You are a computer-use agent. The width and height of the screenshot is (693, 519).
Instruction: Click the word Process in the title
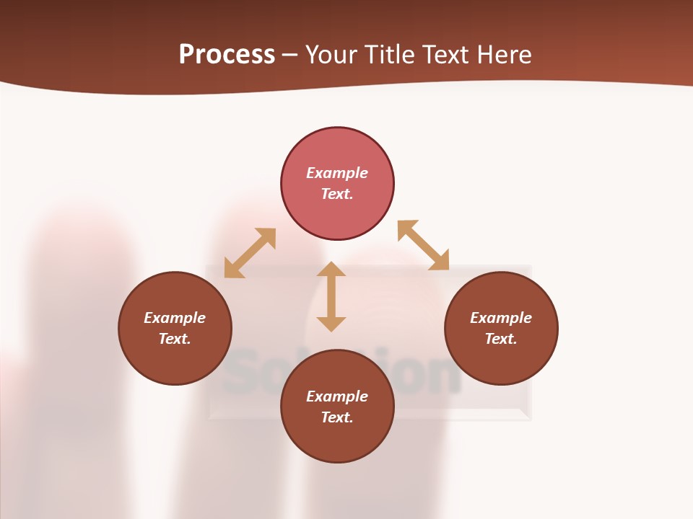227,55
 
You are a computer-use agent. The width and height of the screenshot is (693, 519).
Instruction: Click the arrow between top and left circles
250,253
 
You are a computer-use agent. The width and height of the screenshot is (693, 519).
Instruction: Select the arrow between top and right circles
423,245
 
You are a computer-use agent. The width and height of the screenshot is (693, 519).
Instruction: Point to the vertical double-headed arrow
331,296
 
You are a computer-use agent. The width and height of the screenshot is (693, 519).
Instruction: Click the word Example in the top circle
337,173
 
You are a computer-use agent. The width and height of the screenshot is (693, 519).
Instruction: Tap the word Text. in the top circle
337,194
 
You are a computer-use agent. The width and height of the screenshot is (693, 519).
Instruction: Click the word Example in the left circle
175,318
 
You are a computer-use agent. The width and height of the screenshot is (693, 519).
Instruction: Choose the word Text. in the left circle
175,339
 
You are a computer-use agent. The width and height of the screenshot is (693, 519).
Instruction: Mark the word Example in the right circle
501,318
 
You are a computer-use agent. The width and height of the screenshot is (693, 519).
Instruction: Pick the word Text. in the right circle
501,339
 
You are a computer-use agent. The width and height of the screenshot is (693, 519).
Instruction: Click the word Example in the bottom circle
337,396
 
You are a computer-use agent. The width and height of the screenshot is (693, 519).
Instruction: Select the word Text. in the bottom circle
337,417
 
